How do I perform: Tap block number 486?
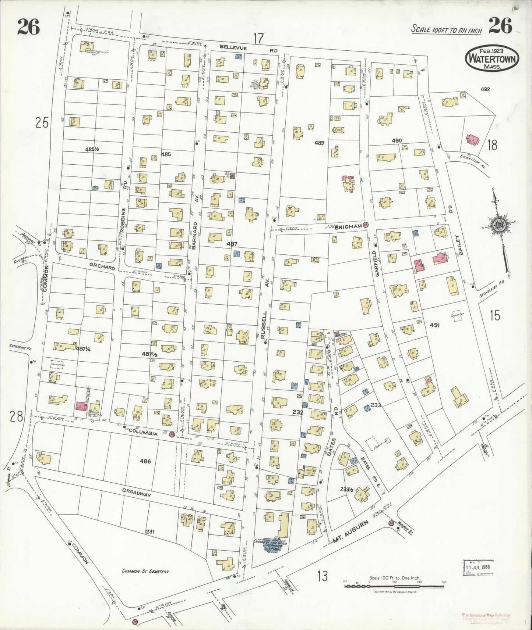click(145, 461)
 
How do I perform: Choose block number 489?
click(319, 143)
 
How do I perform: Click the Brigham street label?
click(349, 227)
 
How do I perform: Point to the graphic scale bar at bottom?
click(394, 586)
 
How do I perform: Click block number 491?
click(435, 325)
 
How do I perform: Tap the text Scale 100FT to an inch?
click(446, 29)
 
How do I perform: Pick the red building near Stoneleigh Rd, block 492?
click(473, 140)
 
